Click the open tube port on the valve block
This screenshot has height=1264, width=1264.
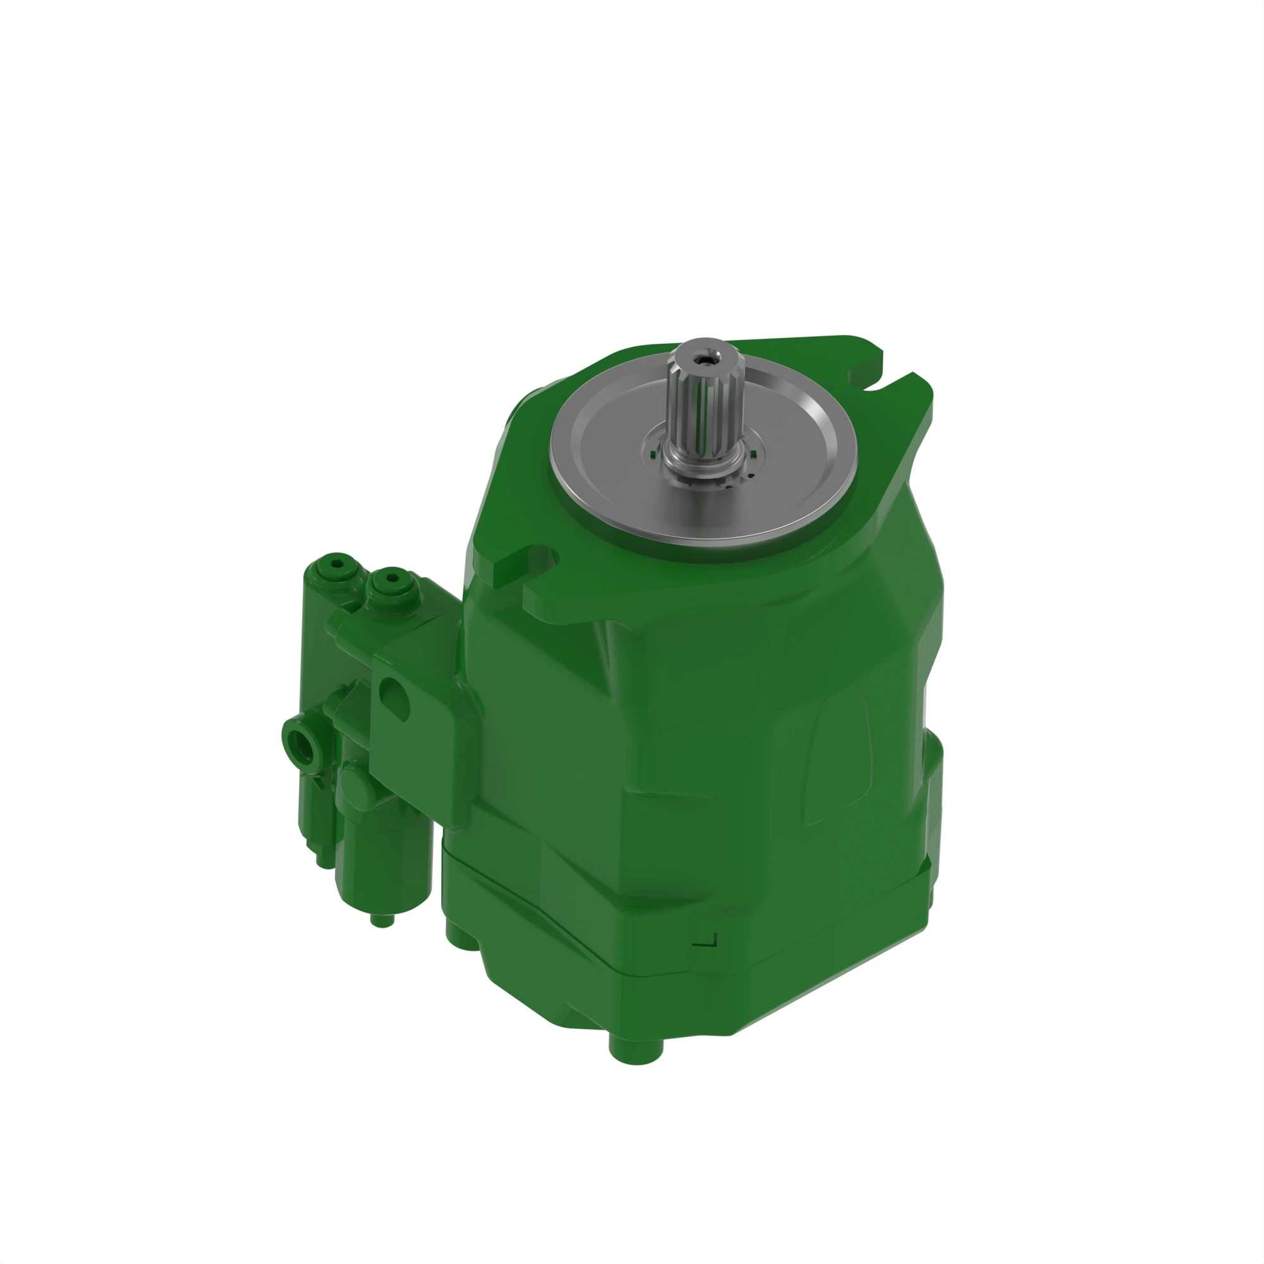coord(303,744)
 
